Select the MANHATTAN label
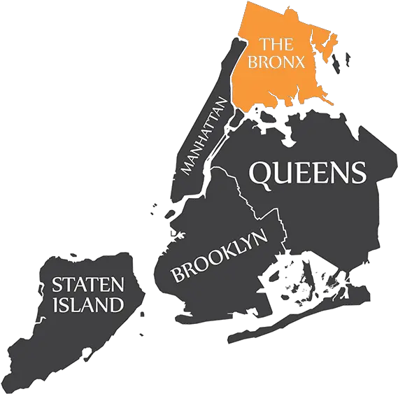[206, 136]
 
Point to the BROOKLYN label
[220, 256]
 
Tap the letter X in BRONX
[300, 62]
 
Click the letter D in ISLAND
[118, 304]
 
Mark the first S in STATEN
[57, 285]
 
